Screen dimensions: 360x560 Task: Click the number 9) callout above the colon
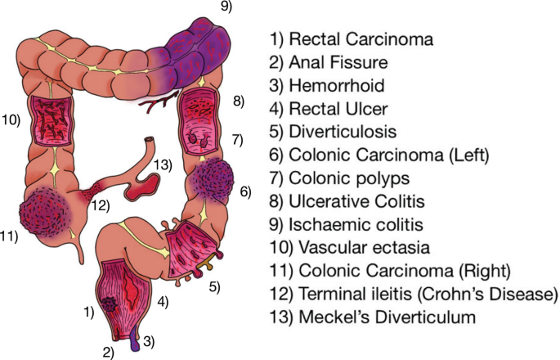226,7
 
